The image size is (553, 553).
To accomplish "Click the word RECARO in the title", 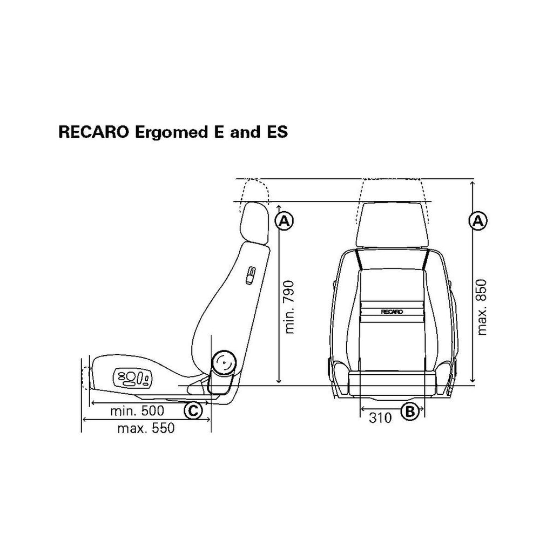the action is pyautogui.click(x=93, y=132).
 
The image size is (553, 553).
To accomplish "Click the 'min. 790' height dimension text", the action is pyautogui.click(x=289, y=307).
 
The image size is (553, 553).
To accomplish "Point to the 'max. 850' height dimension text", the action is pyautogui.click(x=481, y=307).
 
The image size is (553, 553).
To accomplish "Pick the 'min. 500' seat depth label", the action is pyautogui.click(x=137, y=410).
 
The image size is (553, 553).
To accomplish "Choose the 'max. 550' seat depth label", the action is pyautogui.click(x=146, y=428).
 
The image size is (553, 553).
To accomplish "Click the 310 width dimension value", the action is pyautogui.click(x=380, y=417).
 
